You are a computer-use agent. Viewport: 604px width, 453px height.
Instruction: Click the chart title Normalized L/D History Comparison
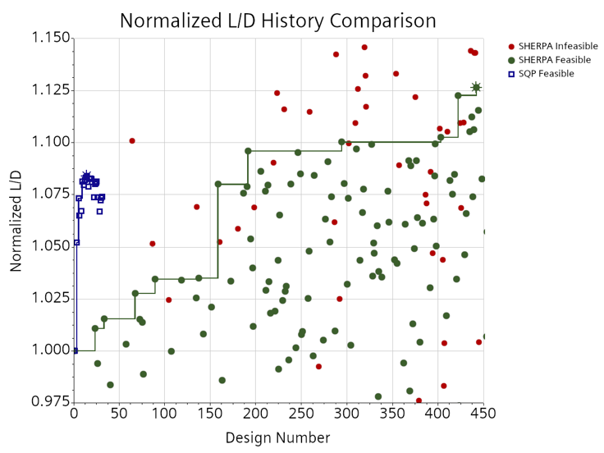278,20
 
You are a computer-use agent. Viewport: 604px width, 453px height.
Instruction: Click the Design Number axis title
278,438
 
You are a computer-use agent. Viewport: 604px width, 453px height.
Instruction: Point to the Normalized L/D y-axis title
16,219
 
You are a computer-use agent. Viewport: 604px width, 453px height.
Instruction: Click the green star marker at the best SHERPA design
476,87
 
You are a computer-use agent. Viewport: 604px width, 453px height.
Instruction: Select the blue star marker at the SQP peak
86,176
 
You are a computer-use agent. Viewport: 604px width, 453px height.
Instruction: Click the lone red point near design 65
132,141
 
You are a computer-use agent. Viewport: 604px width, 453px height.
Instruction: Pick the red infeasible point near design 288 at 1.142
336,54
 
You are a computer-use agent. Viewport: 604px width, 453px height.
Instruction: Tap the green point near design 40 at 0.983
110,385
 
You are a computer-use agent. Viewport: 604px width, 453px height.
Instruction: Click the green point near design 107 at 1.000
172,351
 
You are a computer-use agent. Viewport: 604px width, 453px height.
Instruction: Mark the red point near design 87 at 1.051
153,244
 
